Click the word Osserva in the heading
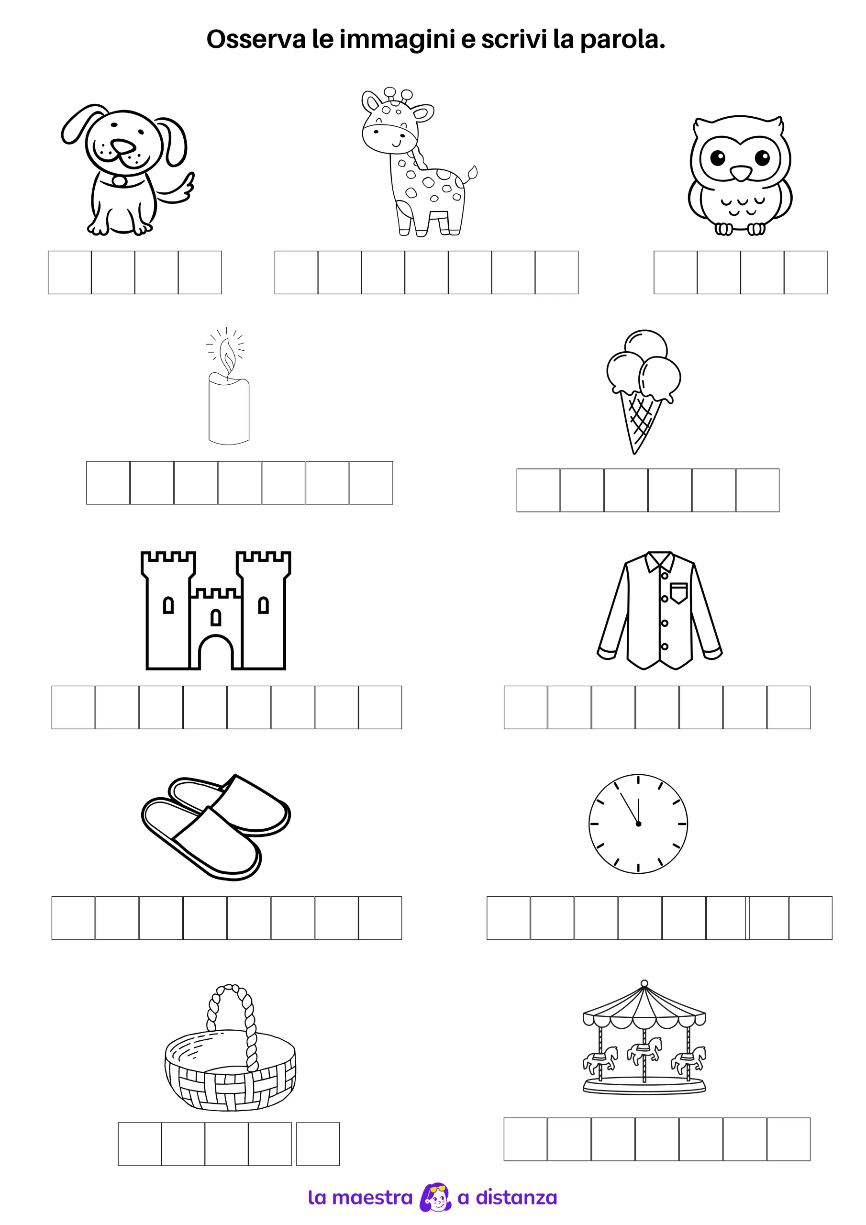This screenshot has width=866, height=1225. click(256, 40)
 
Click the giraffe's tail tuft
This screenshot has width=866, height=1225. click(472, 172)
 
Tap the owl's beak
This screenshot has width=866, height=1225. click(740, 173)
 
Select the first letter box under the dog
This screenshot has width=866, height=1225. click(70, 273)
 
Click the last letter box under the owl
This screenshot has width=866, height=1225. click(806, 273)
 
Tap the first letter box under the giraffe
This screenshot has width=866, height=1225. click(296, 273)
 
